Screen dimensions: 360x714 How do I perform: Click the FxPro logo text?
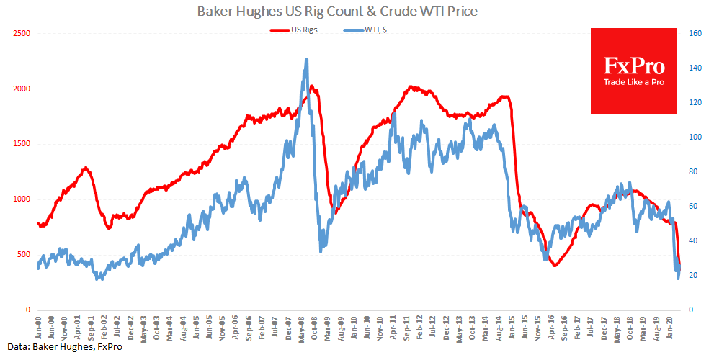[x=633, y=66]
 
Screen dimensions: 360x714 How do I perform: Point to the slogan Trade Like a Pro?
[x=633, y=83]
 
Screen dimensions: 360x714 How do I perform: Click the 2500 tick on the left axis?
[x=20, y=33]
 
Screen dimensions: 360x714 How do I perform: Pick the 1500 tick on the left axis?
[x=20, y=144]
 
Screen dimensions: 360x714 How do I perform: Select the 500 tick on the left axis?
[x=22, y=254]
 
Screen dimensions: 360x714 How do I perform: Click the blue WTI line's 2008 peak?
[x=307, y=60]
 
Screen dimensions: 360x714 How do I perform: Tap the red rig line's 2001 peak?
[x=86, y=168]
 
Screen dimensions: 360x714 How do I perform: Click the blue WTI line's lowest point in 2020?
[x=678, y=278]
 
